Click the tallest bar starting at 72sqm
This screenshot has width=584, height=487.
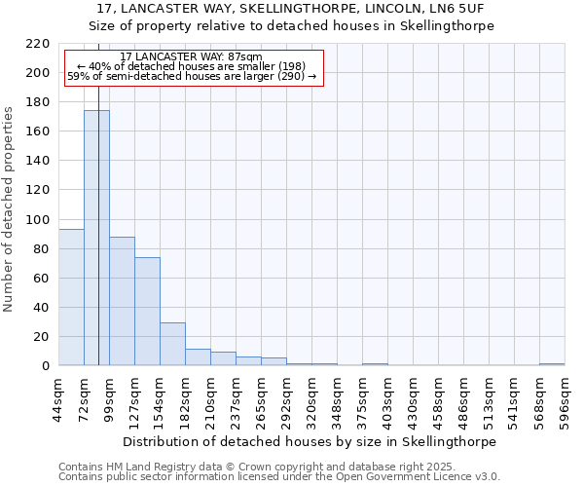pyautogui.click(x=96, y=238)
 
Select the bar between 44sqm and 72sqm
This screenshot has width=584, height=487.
pyautogui.click(x=71, y=297)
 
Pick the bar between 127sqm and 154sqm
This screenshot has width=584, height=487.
pyautogui.click(x=147, y=312)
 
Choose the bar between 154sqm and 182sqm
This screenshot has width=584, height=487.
pyautogui.click(x=172, y=344)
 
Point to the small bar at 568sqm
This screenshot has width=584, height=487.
pyautogui.click(x=552, y=364)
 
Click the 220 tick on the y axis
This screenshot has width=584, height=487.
pyautogui.click(x=39, y=44)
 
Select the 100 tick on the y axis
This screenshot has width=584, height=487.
pyautogui.click(x=39, y=219)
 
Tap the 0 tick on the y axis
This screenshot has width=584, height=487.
pyautogui.click(x=46, y=366)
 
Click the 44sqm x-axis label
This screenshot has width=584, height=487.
pyautogui.click(x=58, y=396)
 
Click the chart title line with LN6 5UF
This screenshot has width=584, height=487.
pyautogui.click(x=292, y=9)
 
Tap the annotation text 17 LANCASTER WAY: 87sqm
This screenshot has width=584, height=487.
pyautogui.click(x=192, y=57)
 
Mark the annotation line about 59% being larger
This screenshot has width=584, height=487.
pyautogui.click(x=192, y=76)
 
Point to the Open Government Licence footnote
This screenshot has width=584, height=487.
pyautogui.click(x=279, y=477)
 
